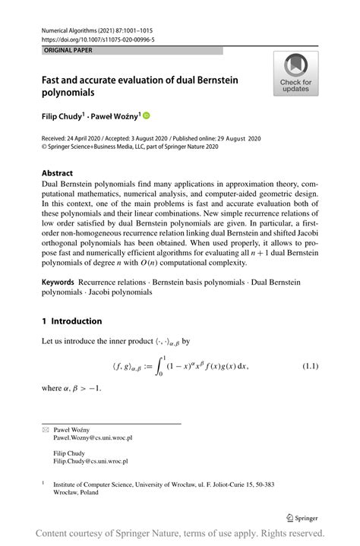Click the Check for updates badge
(295, 74)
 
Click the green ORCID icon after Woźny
(147, 115)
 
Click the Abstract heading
(58, 173)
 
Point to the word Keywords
(58, 282)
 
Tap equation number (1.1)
(311, 367)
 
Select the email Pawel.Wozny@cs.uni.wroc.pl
(93, 438)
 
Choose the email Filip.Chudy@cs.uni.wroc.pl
(90, 461)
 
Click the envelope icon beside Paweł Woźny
(44, 430)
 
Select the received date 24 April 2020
(90, 139)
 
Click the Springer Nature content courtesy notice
(180, 533)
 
